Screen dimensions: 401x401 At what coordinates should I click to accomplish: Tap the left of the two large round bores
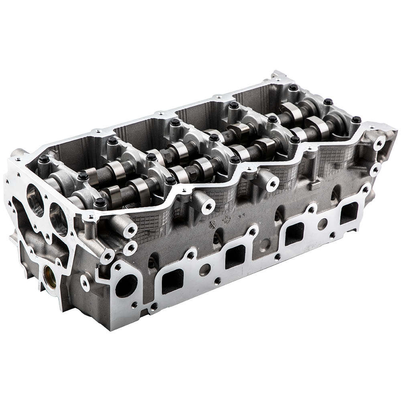click(x=35, y=200)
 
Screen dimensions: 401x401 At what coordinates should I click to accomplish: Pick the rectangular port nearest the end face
click(x=173, y=281)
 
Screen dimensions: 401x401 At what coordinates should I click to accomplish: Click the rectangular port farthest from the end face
click(x=349, y=213)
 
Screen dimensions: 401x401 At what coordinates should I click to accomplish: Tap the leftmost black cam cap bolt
click(x=44, y=159)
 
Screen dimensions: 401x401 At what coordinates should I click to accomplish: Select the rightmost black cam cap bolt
click(x=356, y=119)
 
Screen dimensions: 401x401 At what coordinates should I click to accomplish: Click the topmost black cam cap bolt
click(x=294, y=87)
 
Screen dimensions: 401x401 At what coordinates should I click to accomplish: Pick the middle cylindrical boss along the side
click(x=208, y=206)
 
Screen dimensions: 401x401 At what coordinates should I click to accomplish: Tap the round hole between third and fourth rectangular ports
click(x=322, y=224)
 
